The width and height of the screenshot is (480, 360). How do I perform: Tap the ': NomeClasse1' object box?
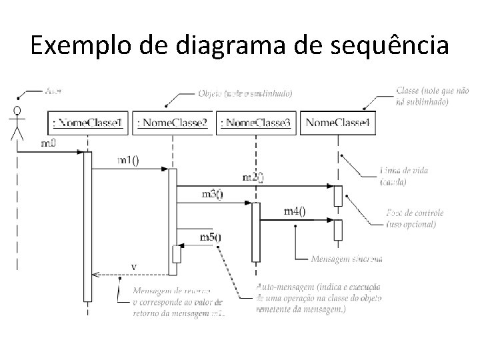(88, 123)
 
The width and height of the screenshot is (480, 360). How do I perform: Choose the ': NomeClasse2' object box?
(172, 123)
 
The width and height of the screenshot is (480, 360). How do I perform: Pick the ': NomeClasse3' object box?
(255, 123)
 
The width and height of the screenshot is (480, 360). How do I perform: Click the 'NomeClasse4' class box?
(338, 123)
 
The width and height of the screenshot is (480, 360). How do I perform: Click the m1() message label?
(129, 161)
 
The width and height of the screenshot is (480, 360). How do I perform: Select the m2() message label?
(252, 177)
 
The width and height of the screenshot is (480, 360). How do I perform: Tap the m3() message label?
(213, 194)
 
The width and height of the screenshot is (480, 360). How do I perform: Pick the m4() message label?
(295, 211)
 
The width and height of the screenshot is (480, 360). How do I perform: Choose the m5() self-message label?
(211, 237)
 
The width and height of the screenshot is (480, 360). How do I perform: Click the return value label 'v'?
(134, 266)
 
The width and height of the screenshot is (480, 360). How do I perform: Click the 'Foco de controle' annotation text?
(415, 218)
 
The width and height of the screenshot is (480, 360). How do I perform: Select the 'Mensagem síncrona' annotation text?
(347, 258)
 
